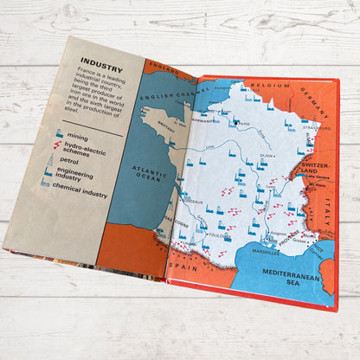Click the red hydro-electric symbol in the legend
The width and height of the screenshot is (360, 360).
click(x=57, y=146)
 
